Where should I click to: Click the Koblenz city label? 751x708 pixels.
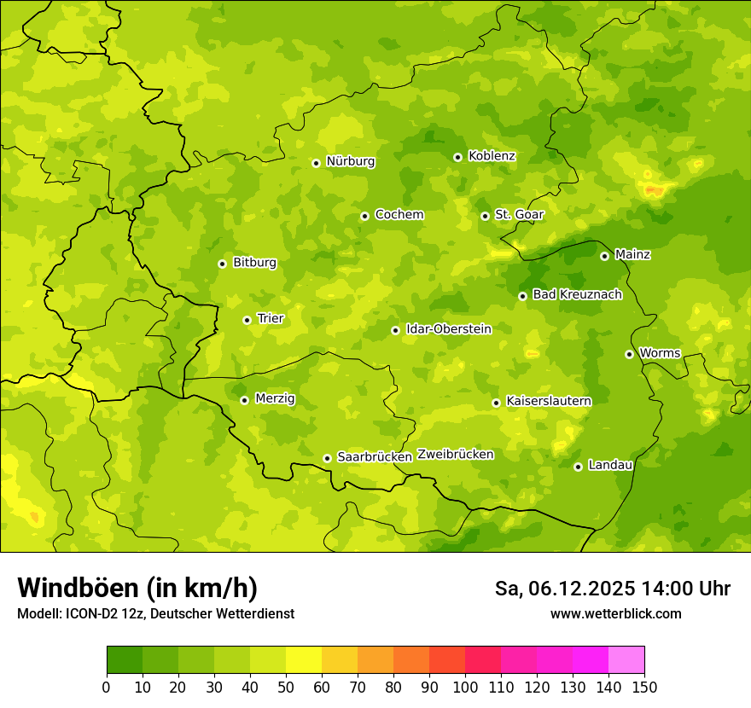tap(492, 156)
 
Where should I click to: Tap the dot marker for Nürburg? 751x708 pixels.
tap(316, 162)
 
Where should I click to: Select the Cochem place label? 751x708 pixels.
tap(399, 215)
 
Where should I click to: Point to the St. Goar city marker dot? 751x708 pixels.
tap(485, 216)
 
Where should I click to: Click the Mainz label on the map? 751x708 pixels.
tap(632, 255)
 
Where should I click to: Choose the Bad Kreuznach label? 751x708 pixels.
tap(577, 295)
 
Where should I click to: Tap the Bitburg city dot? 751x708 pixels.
tap(222, 264)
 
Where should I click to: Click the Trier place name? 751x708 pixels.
tap(270, 319)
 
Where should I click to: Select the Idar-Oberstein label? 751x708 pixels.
tap(448, 329)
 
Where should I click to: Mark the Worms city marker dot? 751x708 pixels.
tap(629, 354)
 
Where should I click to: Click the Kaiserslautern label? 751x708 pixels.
tap(548, 401)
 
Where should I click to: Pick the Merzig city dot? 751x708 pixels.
tap(244, 400)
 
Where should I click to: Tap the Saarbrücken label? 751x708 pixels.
tap(375, 457)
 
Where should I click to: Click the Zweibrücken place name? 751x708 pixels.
tap(455, 455)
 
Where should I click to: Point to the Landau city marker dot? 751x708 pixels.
tap(578, 467)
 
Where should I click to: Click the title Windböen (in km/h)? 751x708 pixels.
tap(137, 589)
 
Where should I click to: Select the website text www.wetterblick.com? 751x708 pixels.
tap(615, 614)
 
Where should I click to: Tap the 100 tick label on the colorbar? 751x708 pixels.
tap(464, 687)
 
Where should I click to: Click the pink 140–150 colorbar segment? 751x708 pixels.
tap(626, 660)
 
